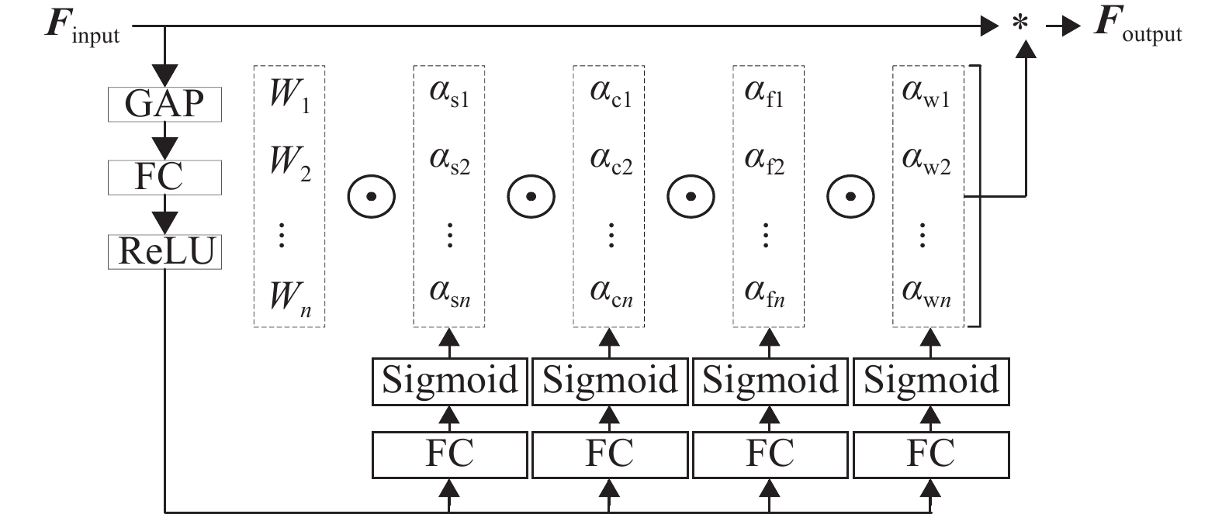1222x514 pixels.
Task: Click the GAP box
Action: [164, 104]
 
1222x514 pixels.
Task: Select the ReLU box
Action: [164, 252]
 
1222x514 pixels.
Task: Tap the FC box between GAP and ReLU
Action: [164, 178]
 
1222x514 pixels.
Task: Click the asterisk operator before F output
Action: [1020, 26]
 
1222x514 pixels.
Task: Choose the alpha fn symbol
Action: [765, 293]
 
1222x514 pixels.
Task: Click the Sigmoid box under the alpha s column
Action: [450, 381]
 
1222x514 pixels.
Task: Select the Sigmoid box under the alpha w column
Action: [931, 381]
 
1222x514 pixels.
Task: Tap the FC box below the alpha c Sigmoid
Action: [610, 454]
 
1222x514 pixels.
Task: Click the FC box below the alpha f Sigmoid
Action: [770, 454]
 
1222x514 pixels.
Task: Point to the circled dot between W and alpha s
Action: [371, 196]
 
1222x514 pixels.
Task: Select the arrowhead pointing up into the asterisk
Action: [1026, 50]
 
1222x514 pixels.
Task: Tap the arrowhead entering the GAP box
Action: [164, 75]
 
